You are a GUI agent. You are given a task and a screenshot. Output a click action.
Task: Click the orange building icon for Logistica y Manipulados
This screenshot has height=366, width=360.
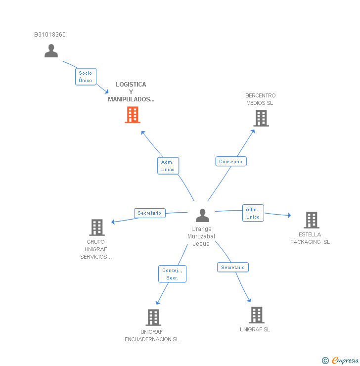tap(132, 115)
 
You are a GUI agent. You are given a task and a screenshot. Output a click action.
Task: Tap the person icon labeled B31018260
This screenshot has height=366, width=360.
tap(51, 51)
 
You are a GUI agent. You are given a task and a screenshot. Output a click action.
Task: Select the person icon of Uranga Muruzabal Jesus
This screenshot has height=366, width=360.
tap(202, 216)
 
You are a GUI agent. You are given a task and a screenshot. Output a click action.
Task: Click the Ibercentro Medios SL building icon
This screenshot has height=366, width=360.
tap(261, 118)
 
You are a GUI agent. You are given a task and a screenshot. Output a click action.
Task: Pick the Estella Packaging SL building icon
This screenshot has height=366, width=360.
tap(311, 220)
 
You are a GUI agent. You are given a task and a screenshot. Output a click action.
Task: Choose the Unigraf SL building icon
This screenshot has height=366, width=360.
tap(256, 315)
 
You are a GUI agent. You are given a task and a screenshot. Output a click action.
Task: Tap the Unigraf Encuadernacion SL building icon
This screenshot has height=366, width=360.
tap(153, 318)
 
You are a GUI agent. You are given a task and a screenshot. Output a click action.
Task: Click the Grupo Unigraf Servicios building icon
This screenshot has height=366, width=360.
tap(96, 228)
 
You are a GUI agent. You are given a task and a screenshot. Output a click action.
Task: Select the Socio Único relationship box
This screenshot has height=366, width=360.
tap(86, 77)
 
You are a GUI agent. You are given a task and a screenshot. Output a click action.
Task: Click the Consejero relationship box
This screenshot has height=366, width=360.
tap(231, 162)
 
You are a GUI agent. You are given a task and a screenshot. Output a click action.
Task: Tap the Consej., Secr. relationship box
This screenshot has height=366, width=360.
tap(173, 274)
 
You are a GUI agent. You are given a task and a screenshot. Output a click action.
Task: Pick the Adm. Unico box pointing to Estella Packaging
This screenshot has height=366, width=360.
tap(253, 213)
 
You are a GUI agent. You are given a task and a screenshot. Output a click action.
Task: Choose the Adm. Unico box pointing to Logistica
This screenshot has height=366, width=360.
tap(168, 166)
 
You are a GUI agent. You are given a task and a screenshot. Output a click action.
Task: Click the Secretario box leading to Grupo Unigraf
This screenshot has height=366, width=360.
tap(149, 213)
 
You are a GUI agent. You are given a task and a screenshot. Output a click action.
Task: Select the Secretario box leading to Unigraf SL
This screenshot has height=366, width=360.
tap(233, 268)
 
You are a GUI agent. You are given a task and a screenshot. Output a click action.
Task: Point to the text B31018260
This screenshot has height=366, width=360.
tap(50, 35)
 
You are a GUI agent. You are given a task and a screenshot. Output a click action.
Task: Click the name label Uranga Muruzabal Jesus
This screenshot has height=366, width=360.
tap(201, 236)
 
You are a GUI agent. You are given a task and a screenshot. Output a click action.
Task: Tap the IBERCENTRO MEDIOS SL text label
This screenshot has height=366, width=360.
tap(260, 99)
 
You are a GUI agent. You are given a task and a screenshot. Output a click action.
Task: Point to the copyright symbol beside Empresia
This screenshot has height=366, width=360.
tap(325, 361)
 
